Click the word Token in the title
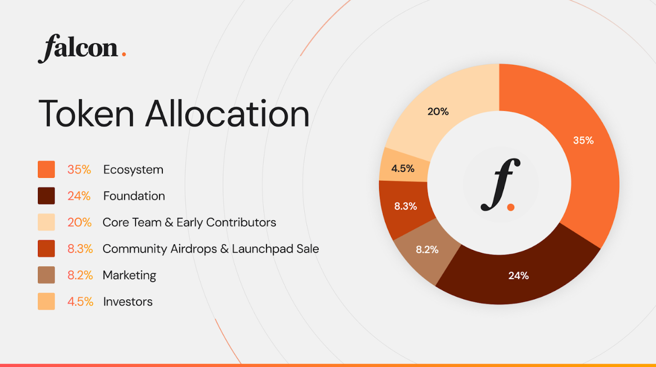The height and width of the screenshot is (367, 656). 86,114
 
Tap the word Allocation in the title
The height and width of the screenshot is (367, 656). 227,114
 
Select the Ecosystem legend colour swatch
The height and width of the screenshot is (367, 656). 46,169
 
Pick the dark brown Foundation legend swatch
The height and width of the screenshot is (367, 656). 46,196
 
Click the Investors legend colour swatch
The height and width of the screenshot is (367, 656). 46,301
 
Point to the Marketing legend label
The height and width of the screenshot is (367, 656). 129,275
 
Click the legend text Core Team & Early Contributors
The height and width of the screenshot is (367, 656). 189,223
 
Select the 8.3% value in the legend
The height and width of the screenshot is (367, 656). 80,249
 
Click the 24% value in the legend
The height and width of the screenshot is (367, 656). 79,196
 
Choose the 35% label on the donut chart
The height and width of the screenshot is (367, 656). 583,141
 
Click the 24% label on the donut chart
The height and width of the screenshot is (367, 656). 518,276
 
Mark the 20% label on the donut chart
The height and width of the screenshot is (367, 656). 438,112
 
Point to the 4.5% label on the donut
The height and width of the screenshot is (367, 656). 403,169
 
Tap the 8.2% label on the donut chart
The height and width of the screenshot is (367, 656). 427,250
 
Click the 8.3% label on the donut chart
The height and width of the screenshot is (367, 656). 405,207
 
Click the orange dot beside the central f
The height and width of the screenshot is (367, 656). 511,207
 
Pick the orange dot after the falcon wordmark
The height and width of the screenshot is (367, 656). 124,54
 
